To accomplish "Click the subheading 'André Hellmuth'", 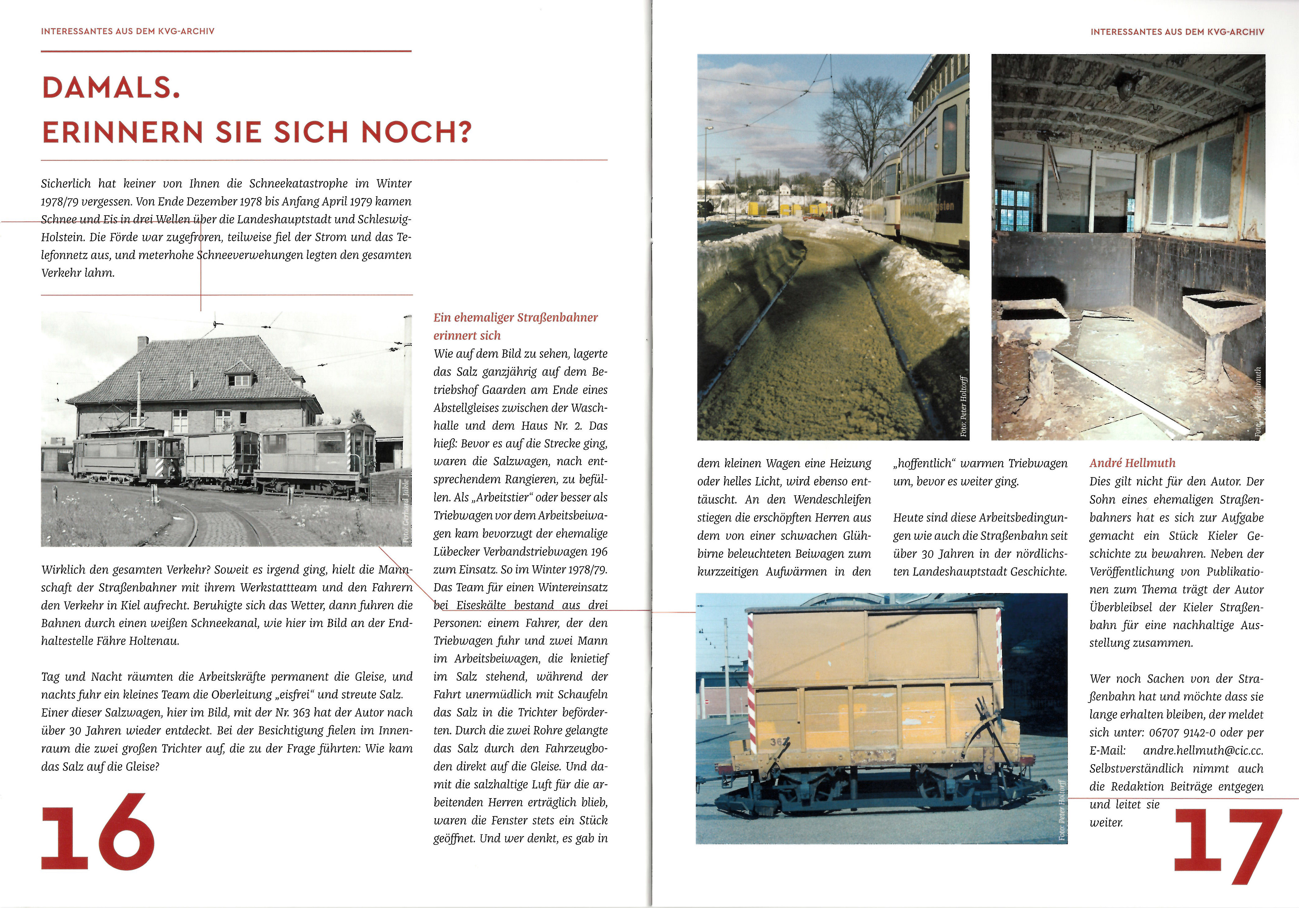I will tap(1132, 463).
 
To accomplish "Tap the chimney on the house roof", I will tap(142, 343).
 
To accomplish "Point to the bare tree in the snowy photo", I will tap(863, 125).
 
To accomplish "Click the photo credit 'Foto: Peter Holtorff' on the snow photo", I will tap(963, 406).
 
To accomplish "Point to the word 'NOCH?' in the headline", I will tap(416, 132).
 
